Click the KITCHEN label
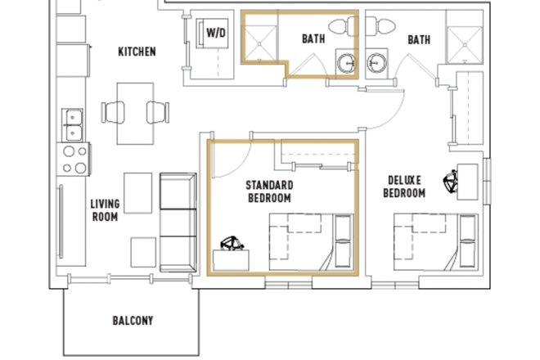tap(137, 52)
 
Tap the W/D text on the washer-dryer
tap(216, 33)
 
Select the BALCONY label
tap(133, 321)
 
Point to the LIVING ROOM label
tap(105, 210)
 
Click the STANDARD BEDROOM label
tap(269, 191)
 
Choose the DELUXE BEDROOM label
tap(405, 187)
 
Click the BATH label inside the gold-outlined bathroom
tap(313, 38)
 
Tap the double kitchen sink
tap(72, 124)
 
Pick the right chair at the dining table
tap(157, 112)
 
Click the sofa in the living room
tap(178, 223)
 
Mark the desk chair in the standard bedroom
tap(232, 245)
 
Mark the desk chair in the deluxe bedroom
tap(449, 180)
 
